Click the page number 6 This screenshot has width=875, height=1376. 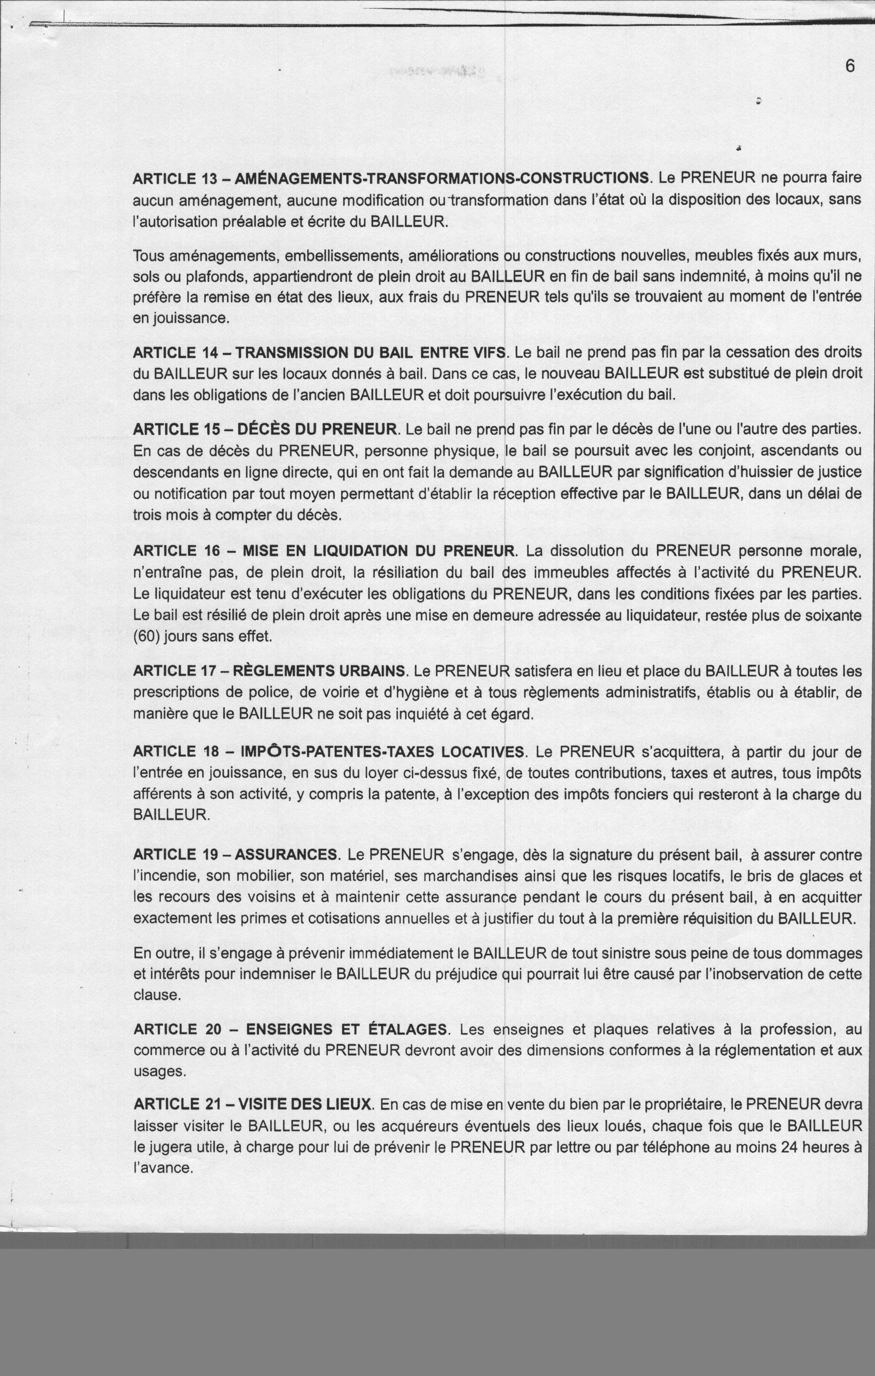point(850,67)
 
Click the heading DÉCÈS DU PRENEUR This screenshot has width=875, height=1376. point(317,429)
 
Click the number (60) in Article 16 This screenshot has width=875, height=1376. point(146,636)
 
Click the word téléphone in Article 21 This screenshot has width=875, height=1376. point(634,1147)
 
